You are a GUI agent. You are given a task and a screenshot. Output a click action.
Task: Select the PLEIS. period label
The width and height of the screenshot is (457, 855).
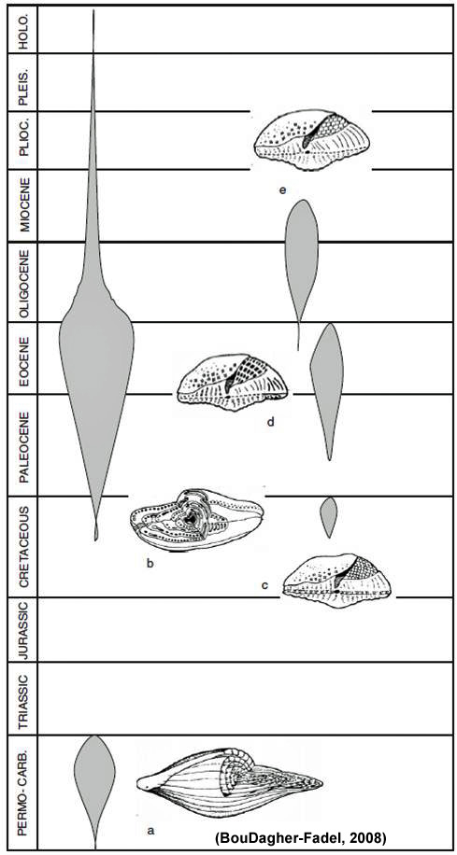pos(23,83)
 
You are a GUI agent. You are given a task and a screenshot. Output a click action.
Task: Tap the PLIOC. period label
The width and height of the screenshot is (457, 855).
pos(23,140)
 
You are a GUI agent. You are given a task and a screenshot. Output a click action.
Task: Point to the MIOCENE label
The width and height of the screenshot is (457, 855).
pos(23,205)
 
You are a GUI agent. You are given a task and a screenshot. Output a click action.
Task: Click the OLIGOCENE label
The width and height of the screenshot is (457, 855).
pos(23,283)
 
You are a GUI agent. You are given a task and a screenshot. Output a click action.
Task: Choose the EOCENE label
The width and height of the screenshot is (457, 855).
pos(23,357)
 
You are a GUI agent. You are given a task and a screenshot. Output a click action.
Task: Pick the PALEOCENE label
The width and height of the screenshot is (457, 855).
pos(23,445)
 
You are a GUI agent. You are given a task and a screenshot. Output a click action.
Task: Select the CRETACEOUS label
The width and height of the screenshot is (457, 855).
pos(23,546)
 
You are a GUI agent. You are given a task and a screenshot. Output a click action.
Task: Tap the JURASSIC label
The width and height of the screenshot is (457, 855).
pos(23,630)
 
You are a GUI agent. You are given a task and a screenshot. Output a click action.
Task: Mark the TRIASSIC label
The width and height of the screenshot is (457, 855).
pos(23,698)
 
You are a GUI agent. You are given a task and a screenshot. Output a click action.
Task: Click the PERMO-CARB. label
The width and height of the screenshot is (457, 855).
pos(23,792)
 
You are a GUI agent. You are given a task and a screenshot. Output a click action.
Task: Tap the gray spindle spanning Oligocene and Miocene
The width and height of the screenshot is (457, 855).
pos(301,261)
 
